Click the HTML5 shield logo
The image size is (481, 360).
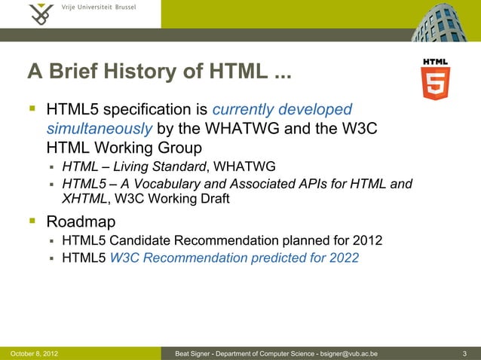point(436,80)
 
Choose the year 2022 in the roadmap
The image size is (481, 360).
point(342,258)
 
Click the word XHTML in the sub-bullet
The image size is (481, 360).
point(84,199)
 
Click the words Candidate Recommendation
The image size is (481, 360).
point(198,241)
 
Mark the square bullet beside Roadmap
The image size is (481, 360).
point(32,221)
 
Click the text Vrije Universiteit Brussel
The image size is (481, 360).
point(99,8)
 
